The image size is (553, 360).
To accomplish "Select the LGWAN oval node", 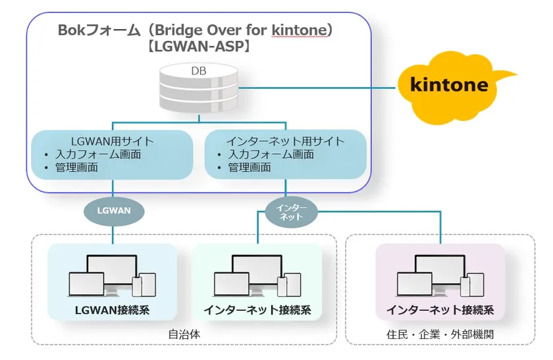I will [114, 211].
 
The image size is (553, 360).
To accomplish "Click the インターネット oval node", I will [286, 211].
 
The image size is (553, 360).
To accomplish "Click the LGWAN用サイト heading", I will [113, 141].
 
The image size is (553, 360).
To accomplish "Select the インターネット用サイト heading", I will [285, 141].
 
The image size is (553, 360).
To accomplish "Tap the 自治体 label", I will [184, 334].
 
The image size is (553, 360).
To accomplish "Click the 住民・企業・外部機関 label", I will [440, 334].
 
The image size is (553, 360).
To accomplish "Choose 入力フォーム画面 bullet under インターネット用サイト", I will [271, 154].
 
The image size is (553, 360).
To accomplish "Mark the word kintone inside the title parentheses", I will [296, 30].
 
